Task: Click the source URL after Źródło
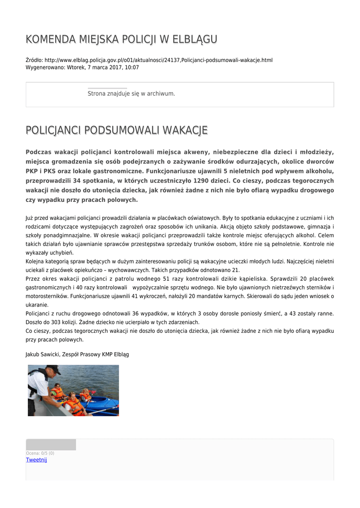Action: point(158,60)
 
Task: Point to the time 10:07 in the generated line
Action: point(132,67)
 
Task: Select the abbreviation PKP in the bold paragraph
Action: point(33,171)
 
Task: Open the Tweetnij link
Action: point(36,460)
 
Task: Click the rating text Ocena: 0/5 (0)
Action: point(40,453)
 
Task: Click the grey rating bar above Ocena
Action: point(51,444)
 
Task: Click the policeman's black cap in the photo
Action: point(53,369)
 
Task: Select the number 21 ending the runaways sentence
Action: point(236,270)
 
